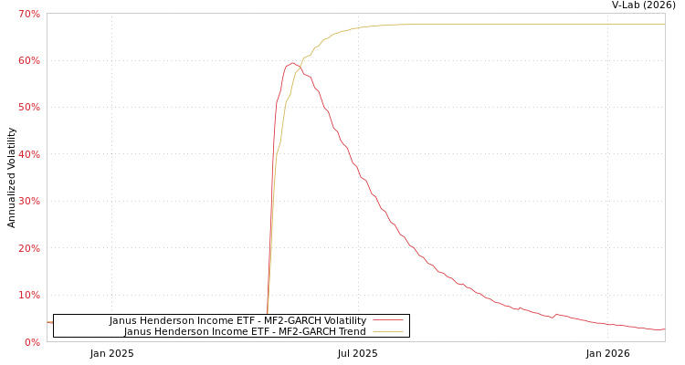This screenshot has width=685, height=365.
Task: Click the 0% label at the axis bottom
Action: pos(32,342)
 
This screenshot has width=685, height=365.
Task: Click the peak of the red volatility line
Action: pos(291,63)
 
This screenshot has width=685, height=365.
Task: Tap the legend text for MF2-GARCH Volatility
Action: pos(237,320)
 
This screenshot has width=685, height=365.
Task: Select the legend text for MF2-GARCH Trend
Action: pos(245,331)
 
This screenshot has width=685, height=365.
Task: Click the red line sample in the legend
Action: pos(388,320)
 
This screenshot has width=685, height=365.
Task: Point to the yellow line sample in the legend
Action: pos(388,331)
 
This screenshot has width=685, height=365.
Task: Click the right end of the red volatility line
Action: pos(664,329)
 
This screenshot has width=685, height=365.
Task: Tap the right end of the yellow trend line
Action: pos(664,25)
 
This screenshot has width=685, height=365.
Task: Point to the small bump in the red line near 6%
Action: pos(557,314)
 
